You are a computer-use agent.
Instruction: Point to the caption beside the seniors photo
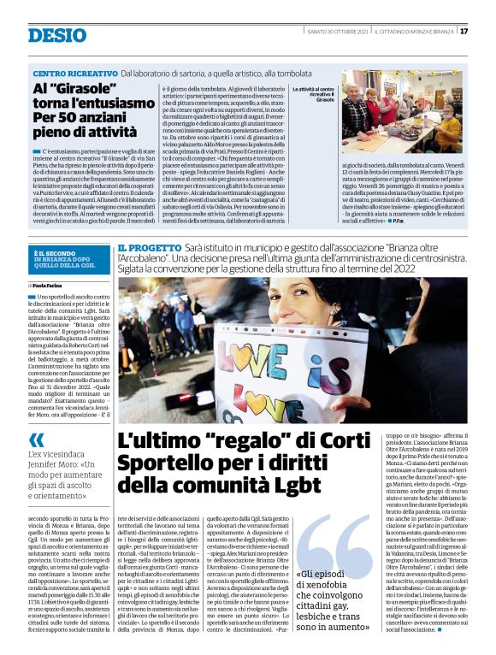point(314,94)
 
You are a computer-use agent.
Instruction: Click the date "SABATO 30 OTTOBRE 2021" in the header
point(337,32)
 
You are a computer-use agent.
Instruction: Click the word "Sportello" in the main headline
point(162,466)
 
